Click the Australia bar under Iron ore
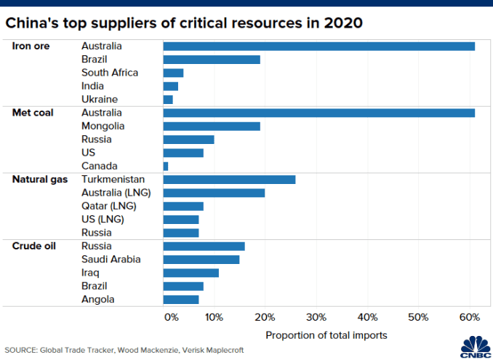318,47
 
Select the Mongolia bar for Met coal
212,126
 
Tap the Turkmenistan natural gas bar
229,179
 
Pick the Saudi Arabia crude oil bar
201,260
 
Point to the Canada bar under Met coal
166,166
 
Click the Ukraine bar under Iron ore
168,99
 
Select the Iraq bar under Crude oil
191,273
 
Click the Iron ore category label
31,47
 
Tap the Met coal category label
33,113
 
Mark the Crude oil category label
33,246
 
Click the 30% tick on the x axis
316,317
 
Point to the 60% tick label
470,317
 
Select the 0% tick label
171,317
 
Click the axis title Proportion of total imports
326,335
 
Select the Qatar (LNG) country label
108,206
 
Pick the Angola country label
98,299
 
